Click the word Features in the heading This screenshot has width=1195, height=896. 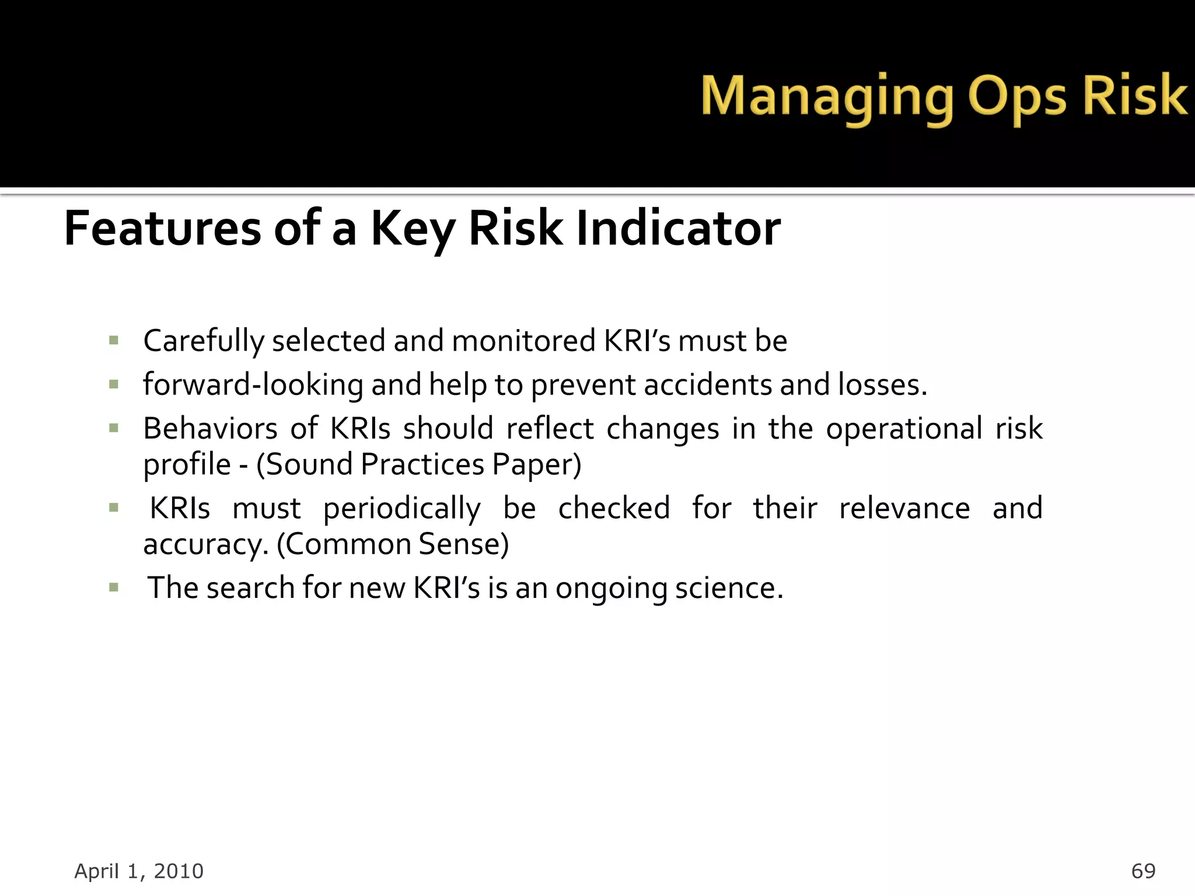[162, 228]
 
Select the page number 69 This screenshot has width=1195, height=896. [1143, 871]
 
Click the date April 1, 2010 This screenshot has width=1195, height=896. [139, 871]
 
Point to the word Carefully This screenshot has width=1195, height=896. [204, 341]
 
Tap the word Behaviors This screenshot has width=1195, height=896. [210, 429]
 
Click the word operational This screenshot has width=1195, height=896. [904, 429]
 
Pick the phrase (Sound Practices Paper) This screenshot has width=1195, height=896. [418, 465]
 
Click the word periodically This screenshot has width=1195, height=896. [402, 509]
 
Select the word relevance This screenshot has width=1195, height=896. [904, 509]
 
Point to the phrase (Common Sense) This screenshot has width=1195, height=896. [393, 544]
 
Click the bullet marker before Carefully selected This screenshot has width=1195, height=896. [114, 340]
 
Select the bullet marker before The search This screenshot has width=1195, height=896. [114, 587]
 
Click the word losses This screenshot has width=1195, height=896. [882, 385]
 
